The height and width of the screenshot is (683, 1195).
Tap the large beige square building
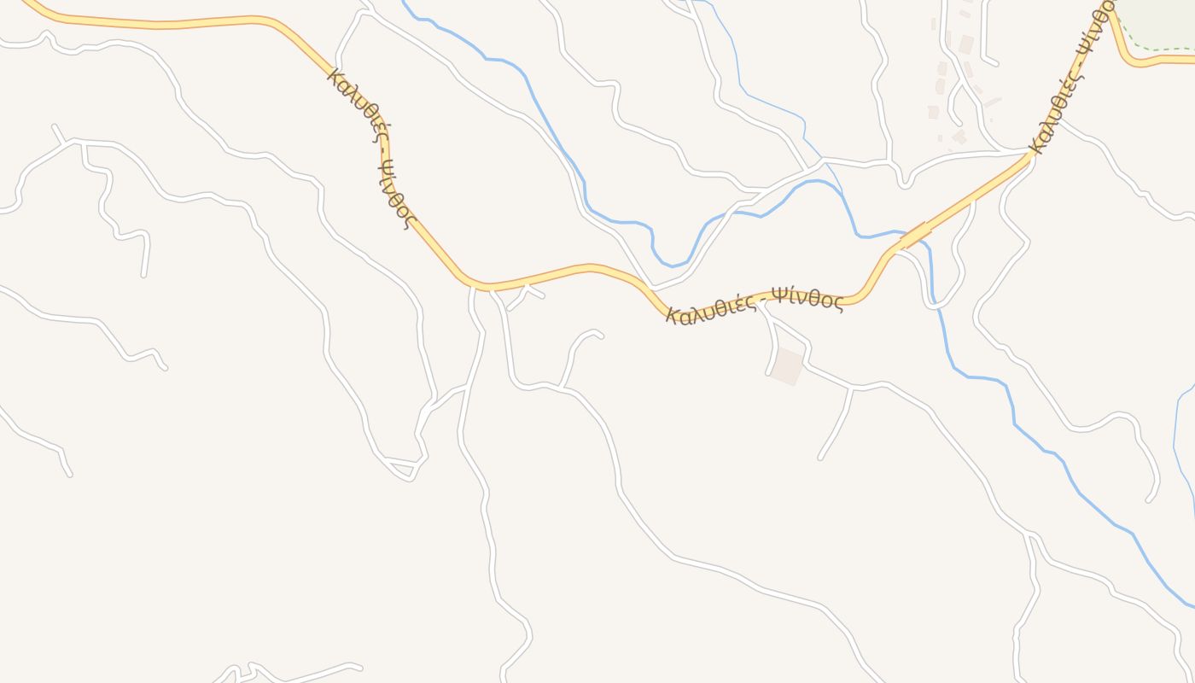[x=788, y=365]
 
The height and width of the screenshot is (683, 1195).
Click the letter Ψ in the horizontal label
[x=778, y=296]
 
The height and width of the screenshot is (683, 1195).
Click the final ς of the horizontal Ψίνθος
[x=838, y=302]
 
